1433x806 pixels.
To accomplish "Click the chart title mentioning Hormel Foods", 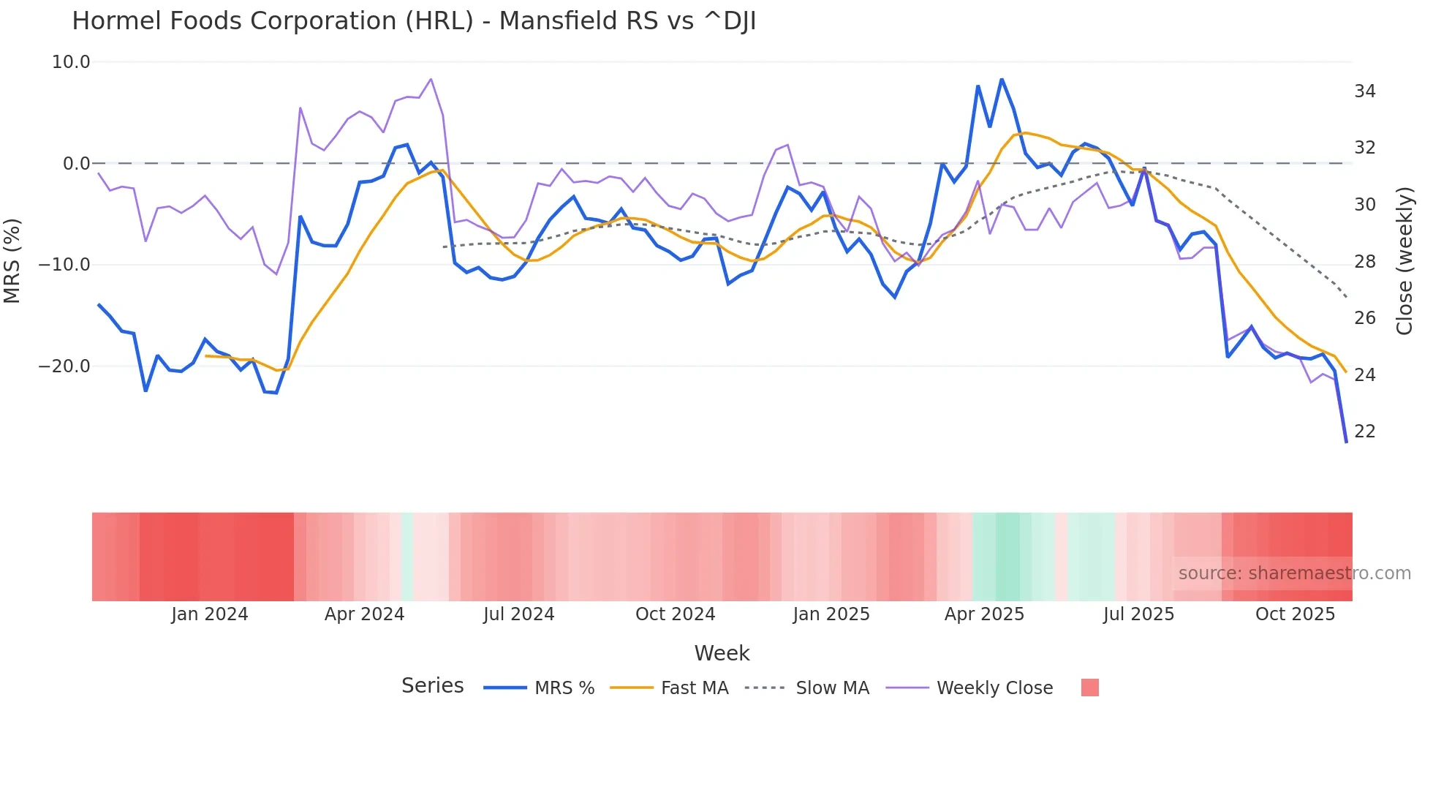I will coord(414,21).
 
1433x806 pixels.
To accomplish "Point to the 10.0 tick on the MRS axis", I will coord(71,62).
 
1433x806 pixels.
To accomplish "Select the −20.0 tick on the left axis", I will coord(64,366).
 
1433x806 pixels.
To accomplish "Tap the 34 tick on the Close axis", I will coord(1364,91).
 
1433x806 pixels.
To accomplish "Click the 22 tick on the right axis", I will coord(1364,432).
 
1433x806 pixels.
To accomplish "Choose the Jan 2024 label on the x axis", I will coord(210,614).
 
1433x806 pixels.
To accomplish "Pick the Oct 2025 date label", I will coord(1295,614).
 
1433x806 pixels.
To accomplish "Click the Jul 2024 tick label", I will coord(518,614).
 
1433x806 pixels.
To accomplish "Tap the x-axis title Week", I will coord(722,653).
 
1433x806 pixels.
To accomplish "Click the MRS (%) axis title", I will coord(12,260).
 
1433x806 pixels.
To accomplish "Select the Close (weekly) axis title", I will coord(1404,261).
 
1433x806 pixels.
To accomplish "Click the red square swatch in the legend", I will coord(1089,688).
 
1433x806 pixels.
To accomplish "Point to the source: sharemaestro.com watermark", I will coord(1294,573).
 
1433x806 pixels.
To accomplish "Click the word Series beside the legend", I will coord(432,686).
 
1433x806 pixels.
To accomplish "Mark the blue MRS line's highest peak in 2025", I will coord(1002,79).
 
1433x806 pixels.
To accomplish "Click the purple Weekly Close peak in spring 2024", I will coord(431,79).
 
